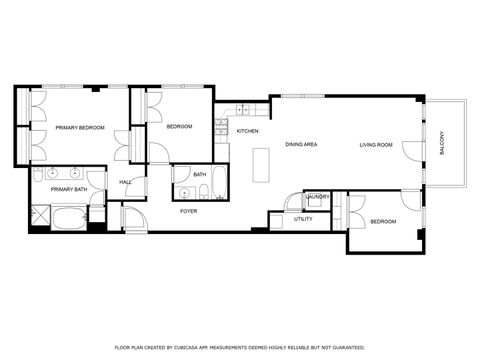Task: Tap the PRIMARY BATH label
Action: (69, 189)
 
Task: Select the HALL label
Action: (126, 182)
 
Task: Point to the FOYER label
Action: (188, 211)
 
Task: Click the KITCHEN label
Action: (247, 131)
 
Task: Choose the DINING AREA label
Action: (301, 145)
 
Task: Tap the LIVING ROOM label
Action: (378, 145)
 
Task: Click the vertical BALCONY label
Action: (442, 143)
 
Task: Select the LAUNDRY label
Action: (319, 197)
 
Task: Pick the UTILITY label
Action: (303, 218)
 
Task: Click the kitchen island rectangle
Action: (261, 165)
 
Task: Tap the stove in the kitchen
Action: (221, 127)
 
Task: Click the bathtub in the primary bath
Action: (68, 218)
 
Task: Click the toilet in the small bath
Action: (203, 191)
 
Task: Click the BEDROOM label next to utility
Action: (383, 221)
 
